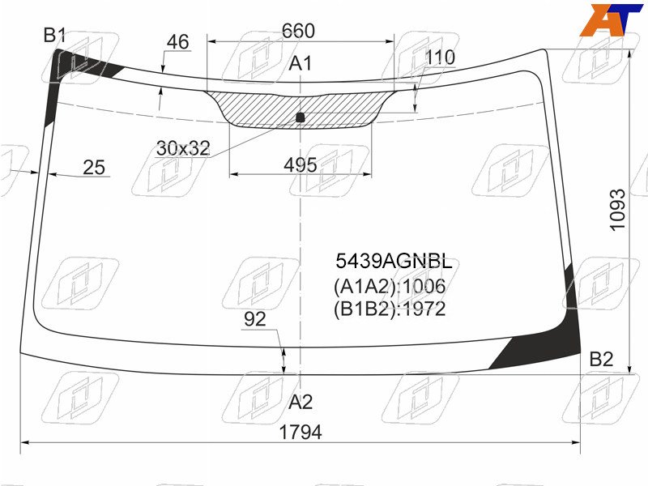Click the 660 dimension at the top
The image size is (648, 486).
point(298,31)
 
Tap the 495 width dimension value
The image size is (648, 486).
point(301,165)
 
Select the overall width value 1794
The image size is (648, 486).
point(301,433)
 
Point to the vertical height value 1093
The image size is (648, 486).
point(618,210)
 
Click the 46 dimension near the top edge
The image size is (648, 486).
point(177,42)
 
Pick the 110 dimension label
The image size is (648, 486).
point(440,57)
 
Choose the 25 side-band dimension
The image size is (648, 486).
point(94,168)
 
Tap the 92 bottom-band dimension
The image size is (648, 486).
point(255,319)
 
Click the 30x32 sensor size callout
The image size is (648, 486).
point(183,148)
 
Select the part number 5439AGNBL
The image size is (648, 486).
point(394,262)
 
